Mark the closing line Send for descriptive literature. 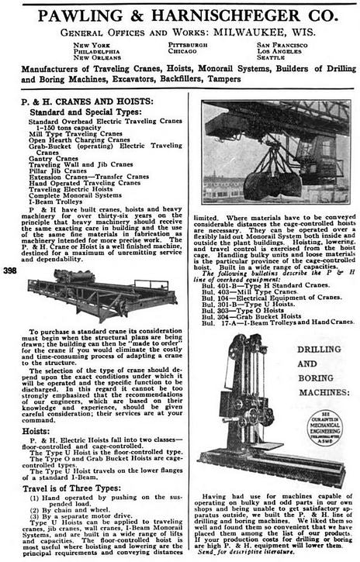click(244, 553)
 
